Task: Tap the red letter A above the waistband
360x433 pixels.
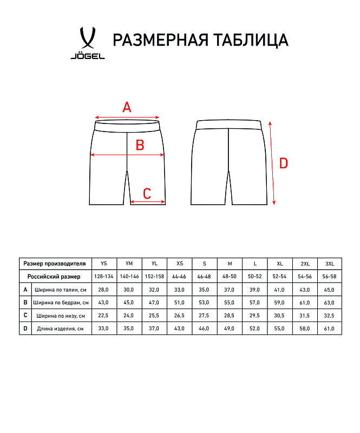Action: coord(127,107)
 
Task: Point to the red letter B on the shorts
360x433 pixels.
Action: coord(139,145)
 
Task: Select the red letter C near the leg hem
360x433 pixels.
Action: coord(147,193)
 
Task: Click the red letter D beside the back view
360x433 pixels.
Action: coord(283,163)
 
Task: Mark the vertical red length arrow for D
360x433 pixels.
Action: coord(272,162)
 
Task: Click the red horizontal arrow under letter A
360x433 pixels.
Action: coord(127,117)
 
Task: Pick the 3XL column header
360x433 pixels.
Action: coord(329,264)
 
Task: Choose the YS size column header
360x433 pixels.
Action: coord(104,264)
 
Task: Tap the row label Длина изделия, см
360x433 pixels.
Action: coord(60,329)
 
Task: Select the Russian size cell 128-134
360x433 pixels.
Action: coord(104,277)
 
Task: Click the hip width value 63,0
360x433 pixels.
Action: coord(329,303)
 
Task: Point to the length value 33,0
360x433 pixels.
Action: coord(104,329)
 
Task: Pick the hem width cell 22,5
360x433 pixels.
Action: coord(104,316)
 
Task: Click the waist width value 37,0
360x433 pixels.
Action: coord(230,290)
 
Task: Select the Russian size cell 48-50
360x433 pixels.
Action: coord(230,277)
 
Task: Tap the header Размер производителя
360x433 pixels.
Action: coord(55,264)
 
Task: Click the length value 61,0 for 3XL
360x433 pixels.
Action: coord(329,329)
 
